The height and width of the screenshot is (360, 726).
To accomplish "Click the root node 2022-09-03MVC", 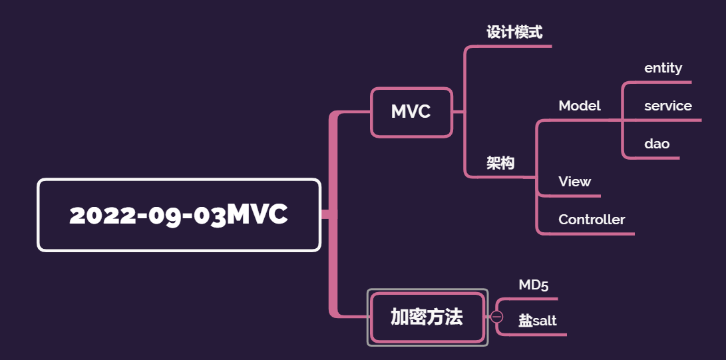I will tap(178, 215).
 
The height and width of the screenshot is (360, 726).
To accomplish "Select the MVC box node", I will tap(411, 112).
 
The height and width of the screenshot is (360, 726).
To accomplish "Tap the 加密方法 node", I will tap(427, 317).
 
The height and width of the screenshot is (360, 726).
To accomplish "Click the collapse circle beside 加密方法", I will tap(497, 317).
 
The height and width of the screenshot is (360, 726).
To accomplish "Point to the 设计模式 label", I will tap(514, 32).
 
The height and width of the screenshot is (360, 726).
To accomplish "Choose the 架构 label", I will tap(500, 163).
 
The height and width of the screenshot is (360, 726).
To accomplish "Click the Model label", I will tap(580, 106).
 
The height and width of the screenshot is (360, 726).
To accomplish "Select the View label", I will tap(575, 182).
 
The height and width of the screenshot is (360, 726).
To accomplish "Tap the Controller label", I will tap(592, 220).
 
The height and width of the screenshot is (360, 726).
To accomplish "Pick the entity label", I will tap(663, 68).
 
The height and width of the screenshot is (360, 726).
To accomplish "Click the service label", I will tap(667, 106).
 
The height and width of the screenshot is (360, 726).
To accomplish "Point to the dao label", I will tap(657, 144).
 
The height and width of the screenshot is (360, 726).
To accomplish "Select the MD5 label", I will tap(534, 285).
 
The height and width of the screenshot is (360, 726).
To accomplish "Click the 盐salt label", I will tap(538, 321).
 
